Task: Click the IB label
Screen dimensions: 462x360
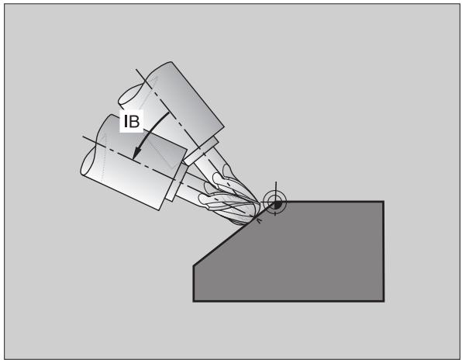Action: pos(132,121)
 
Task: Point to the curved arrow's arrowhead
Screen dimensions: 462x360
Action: pos(136,153)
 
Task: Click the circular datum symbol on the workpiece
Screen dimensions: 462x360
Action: pos(274,202)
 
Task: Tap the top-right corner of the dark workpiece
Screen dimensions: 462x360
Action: pos(384,202)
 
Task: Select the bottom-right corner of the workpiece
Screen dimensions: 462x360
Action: pos(384,301)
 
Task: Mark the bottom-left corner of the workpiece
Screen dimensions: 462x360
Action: pos(194,301)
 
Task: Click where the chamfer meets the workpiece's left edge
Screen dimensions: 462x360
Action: pos(194,266)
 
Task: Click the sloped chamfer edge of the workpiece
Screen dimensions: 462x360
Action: pos(234,234)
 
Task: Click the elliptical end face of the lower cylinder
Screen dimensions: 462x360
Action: pos(91,161)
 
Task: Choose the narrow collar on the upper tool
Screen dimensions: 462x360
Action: pos(202,151)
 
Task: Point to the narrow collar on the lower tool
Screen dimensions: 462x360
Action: pos(177,183)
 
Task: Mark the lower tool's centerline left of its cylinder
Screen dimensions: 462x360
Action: pos(90,139)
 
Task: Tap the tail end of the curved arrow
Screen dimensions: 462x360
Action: pos(168,112)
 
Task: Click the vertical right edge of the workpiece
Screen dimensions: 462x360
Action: pos(384,251)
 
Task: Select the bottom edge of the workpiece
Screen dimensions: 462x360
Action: pos(288,301)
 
